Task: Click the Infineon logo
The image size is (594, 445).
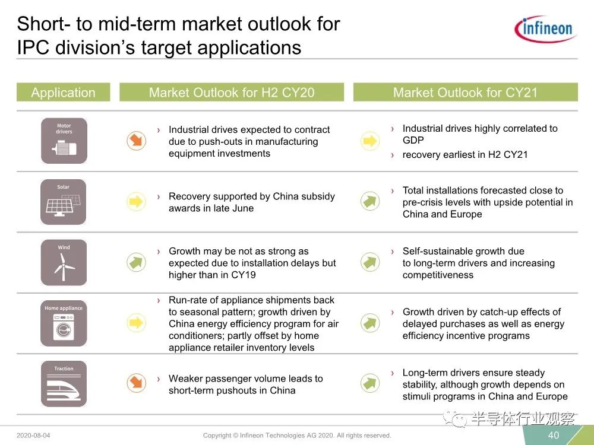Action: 545,28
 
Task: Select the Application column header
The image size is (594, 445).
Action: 64,93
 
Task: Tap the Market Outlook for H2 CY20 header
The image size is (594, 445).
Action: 232,93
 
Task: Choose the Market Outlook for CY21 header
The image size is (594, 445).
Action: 465,93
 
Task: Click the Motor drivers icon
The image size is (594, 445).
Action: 64,141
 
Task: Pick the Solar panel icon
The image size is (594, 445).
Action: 64,202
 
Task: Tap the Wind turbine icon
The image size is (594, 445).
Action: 64,262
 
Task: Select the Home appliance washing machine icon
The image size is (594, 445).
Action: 64,323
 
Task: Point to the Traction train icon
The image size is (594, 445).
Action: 64,384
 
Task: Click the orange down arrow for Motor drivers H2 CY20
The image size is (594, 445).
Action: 137,141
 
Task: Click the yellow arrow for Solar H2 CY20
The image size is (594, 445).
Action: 136,201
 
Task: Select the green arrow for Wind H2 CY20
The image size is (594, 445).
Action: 137,262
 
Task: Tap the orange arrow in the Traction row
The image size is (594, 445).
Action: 137,383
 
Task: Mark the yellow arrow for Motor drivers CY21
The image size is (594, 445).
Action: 369,141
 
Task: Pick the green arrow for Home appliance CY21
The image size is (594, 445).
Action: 369,323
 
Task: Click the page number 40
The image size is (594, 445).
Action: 554,435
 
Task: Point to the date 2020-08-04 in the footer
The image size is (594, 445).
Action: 33,435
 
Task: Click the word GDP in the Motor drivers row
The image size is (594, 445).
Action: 413,140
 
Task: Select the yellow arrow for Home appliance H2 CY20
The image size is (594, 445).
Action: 136,323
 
